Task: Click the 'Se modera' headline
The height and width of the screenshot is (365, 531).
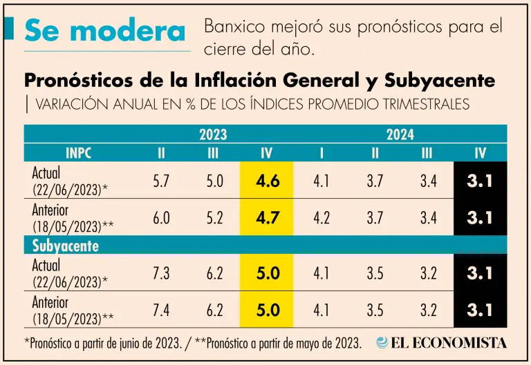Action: coord(105,31)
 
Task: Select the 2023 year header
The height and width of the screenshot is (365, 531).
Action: coord(213,135)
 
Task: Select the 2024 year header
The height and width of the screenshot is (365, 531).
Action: coord(400,135)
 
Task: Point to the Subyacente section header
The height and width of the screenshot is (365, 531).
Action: coord(66,245)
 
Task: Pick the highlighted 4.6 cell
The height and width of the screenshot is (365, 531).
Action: coord(267,181)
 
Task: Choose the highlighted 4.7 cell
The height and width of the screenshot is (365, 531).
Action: coord(267,217)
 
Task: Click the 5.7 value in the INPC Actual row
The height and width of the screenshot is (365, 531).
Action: coord(161,181)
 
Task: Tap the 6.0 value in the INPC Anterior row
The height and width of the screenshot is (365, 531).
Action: coord(161,217)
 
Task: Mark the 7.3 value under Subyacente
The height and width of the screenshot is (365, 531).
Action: coord(161,273)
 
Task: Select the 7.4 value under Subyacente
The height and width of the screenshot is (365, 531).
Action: coord(161,310)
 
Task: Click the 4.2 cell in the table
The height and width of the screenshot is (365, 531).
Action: coord(321,217)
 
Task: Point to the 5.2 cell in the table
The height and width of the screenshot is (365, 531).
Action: coord(214,217)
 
